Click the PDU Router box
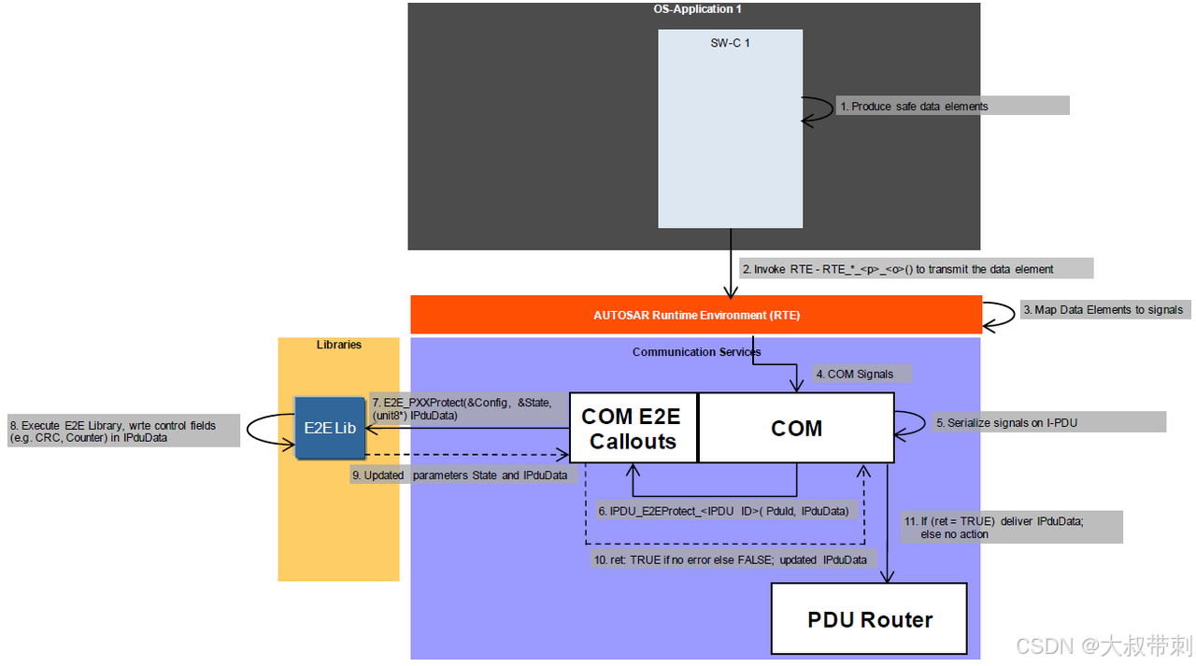point(869,618)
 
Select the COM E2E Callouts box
point(633,428)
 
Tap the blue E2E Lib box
point(329,429)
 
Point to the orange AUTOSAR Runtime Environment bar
point(696,315)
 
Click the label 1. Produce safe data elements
point(951,106)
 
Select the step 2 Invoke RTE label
point(916,269)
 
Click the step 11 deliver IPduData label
point(1011,527)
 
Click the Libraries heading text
point(338,345)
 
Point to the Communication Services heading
point(696,352)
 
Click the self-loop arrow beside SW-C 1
point(820,109)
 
